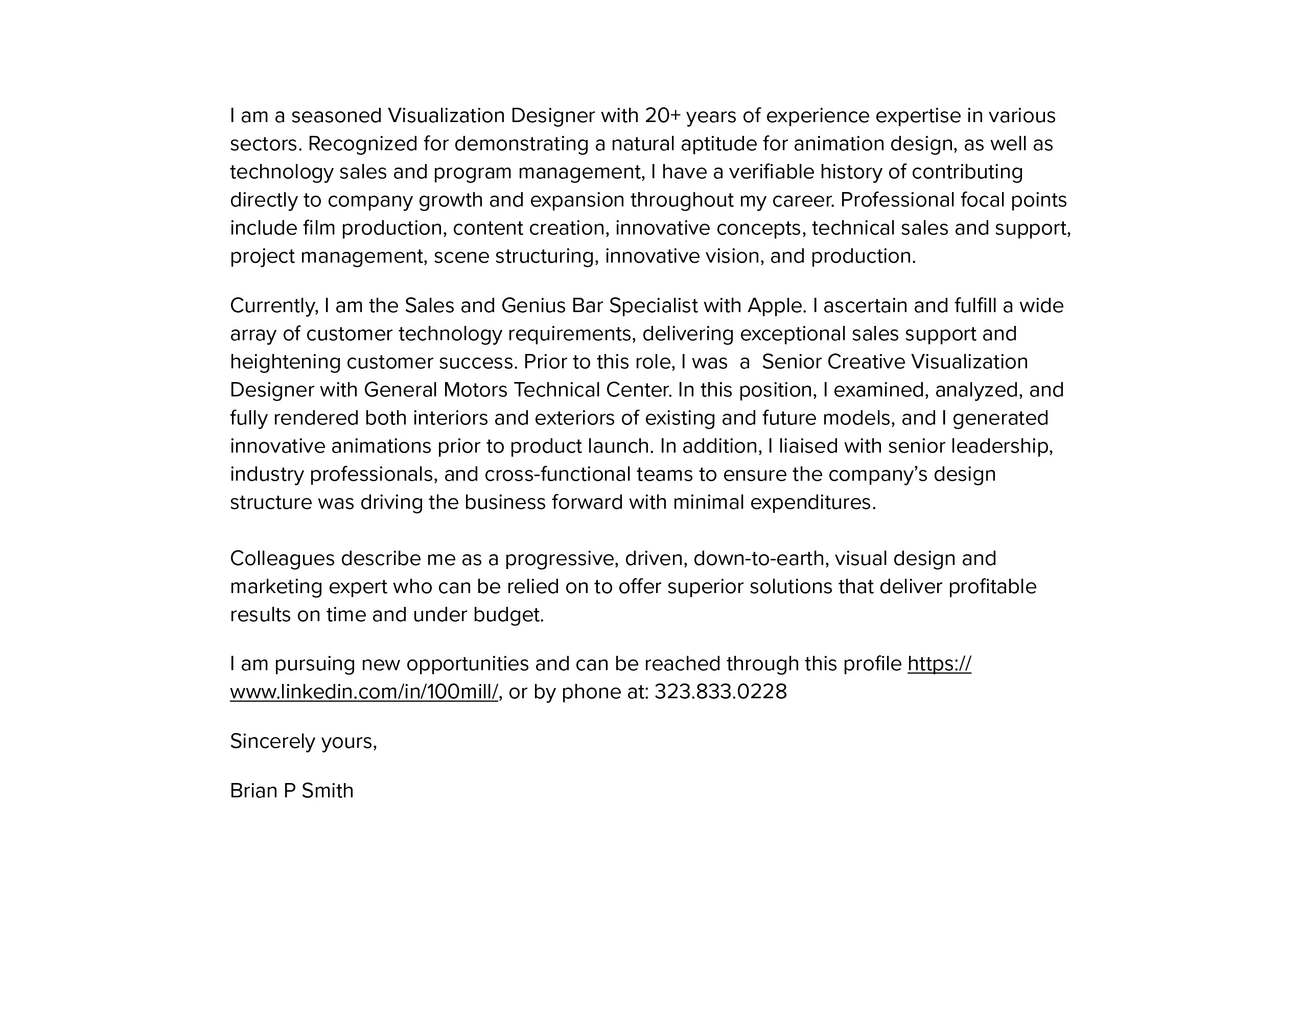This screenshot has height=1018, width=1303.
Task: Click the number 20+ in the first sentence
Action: [662, 116]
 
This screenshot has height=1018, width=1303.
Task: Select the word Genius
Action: [533, 305]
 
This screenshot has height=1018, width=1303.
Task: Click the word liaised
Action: [809, 446]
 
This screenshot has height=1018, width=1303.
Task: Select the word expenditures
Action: [812, 503]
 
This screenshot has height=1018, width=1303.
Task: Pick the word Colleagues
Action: [282, 559]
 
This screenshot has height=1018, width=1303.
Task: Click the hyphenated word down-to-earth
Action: [761, 559]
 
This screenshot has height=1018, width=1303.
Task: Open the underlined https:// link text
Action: [939, 664]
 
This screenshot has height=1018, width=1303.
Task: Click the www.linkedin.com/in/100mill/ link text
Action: [364, 692]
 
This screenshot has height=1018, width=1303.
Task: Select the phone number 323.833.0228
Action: [720, 692]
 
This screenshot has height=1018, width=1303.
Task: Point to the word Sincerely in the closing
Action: [272, 741]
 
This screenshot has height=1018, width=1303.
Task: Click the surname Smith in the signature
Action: [328, 791]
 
